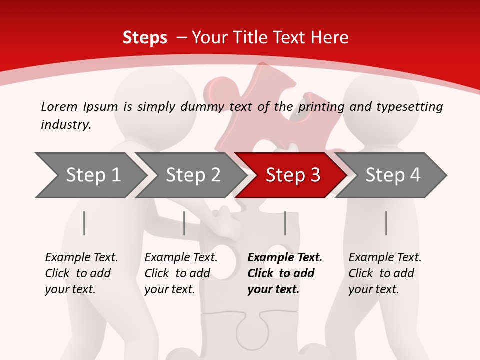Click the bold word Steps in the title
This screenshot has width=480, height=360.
(145, 38)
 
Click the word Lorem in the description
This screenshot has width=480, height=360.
(59, 106)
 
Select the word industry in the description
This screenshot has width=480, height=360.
(66, 125)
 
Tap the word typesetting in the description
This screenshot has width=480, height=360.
(409, 107)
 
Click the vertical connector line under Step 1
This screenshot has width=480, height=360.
(84, 223)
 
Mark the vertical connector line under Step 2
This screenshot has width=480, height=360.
(184, 223)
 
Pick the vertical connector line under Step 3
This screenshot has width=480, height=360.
(285, 223)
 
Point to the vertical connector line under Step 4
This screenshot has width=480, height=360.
(386, 223)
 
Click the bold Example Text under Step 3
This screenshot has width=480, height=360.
(285, 258)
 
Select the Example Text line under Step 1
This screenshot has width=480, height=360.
(81, 258)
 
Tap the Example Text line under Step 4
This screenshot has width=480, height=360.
(385, 258)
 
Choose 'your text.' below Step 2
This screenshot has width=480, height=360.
(169, 289)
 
